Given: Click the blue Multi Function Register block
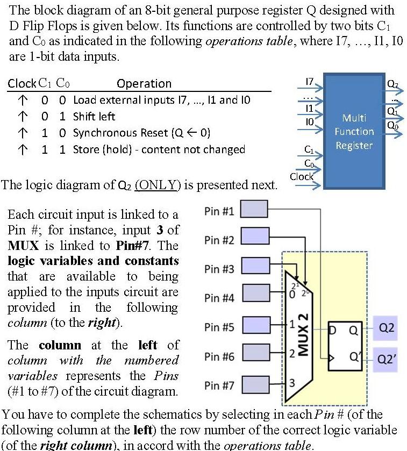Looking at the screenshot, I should click(353, 132).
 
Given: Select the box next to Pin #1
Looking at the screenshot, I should click(253, 210).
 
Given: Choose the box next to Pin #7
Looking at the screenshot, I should click(253, 384).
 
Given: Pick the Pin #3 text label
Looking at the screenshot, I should click(219, 269).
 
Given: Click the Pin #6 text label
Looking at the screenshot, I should click(219, 356).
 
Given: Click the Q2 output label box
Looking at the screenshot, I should click(387, 327).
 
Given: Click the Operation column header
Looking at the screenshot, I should click(144, 83).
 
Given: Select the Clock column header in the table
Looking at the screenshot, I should click(22, 83).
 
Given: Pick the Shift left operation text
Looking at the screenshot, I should click(94, 116).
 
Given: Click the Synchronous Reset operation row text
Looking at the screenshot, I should click(141, 133).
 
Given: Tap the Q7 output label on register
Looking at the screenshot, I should click(393, 84).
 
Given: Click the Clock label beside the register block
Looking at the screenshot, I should click(301, 176).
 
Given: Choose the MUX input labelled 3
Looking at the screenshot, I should click(292, 383).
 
